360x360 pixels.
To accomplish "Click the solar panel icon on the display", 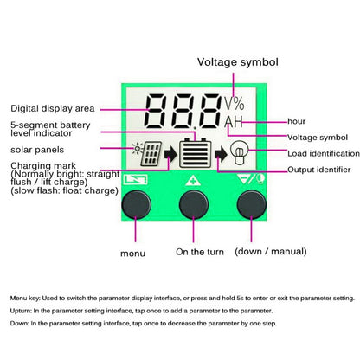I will [145, 156].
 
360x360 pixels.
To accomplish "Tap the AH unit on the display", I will [234, 124].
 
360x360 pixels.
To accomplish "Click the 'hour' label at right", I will [299, 120].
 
